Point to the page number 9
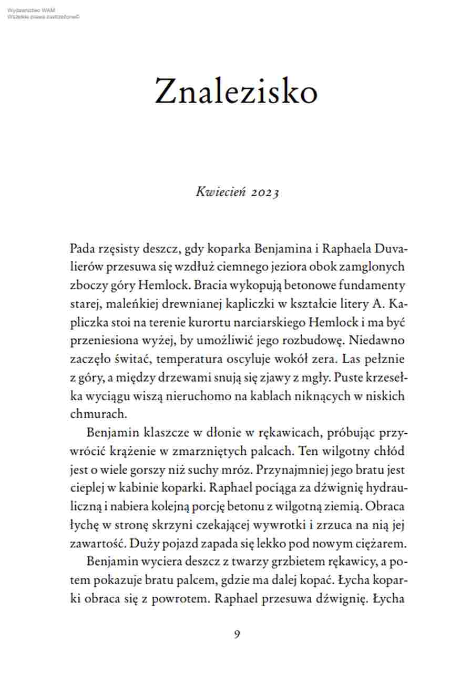[x=237, y=634]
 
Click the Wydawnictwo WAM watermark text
[x=31, y=10]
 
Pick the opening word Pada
[x=81, y=248]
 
